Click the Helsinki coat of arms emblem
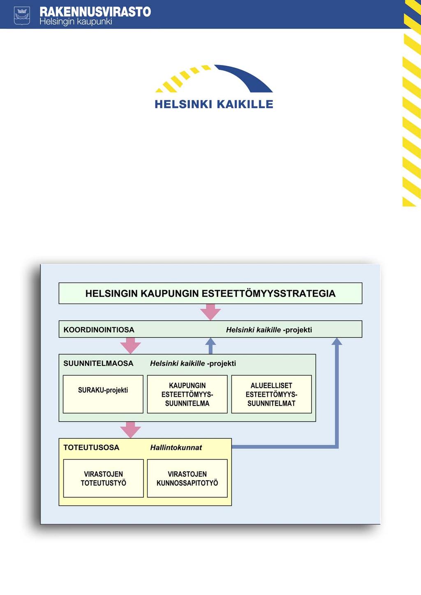[x=22, y=16]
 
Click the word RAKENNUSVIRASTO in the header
[x=95, y=12]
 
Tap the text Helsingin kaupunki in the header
[x=76, y=21]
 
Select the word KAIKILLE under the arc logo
[x=245, y=104]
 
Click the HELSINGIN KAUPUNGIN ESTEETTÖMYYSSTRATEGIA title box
[x=210, y=293]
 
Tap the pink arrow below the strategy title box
[x=210, y=312]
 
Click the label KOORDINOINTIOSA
[x=99, y=330]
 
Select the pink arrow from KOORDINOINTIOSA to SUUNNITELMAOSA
[x=130, y=345]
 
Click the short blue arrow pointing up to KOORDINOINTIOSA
[x=210, y=346]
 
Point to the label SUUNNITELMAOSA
[x=98, y=363]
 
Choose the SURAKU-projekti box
[x=103, y=394]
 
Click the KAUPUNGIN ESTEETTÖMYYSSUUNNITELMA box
[x=187, y=394]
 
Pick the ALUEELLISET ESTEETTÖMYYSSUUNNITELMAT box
[x=271, y=394]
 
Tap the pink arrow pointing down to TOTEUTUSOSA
[x=130, y=430]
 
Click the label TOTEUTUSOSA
[x=91, y=447]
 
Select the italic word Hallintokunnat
[x=176, y=447]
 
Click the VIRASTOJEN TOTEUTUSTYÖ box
[x=103, y=478]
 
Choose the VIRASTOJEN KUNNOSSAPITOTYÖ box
[x=187, y=478]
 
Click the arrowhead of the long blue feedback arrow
[x=337, y=341]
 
